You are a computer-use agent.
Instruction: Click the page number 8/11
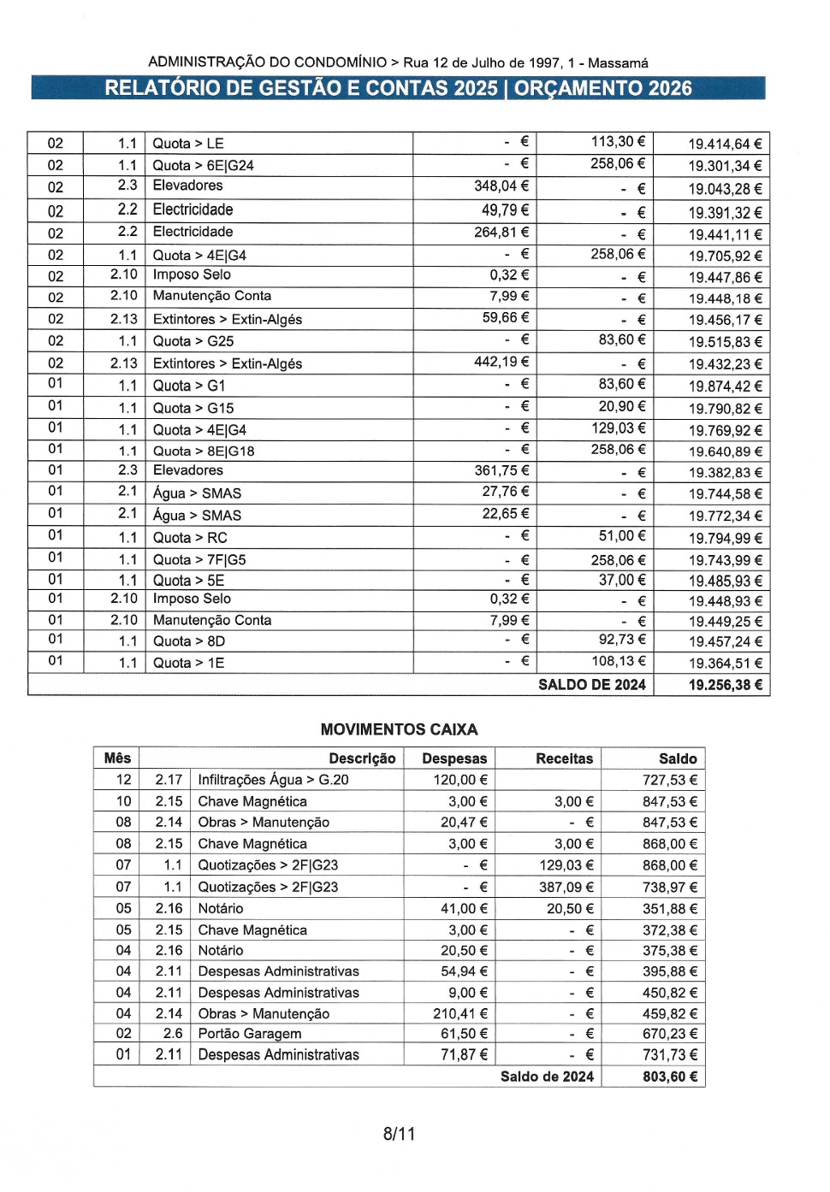(x=399, y=1134)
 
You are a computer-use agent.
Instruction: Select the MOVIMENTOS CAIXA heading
(x=399, y=729)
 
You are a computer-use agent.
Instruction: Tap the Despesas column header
(x=454, y=758)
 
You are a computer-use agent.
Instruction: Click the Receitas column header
(x=564, y=758)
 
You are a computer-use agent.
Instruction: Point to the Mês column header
(x=117, y=758)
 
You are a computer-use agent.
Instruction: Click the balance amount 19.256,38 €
(x=725, y=685)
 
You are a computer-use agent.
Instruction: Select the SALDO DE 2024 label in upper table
(x=591, y=685)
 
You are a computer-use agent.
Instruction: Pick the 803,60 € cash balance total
(x=669, y=1077)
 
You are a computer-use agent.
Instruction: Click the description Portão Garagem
(x=249, y=1034)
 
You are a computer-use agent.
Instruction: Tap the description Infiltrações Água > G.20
(x=273, y=780)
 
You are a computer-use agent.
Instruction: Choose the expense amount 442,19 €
(x=501, y=363)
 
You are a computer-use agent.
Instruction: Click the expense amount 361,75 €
(x=501, y=470)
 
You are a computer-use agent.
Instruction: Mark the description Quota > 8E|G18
(x=203, y=451)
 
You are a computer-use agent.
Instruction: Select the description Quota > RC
(x=189, y=538)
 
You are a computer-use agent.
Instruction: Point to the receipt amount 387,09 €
(x=566, y=888)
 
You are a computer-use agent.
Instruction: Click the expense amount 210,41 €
(x=459, y=1014)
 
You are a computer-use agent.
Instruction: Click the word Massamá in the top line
(x=618, y=63)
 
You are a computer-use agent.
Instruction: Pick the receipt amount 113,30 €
(x=618, y=142)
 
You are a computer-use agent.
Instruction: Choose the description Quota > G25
(x=193, y=341)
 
